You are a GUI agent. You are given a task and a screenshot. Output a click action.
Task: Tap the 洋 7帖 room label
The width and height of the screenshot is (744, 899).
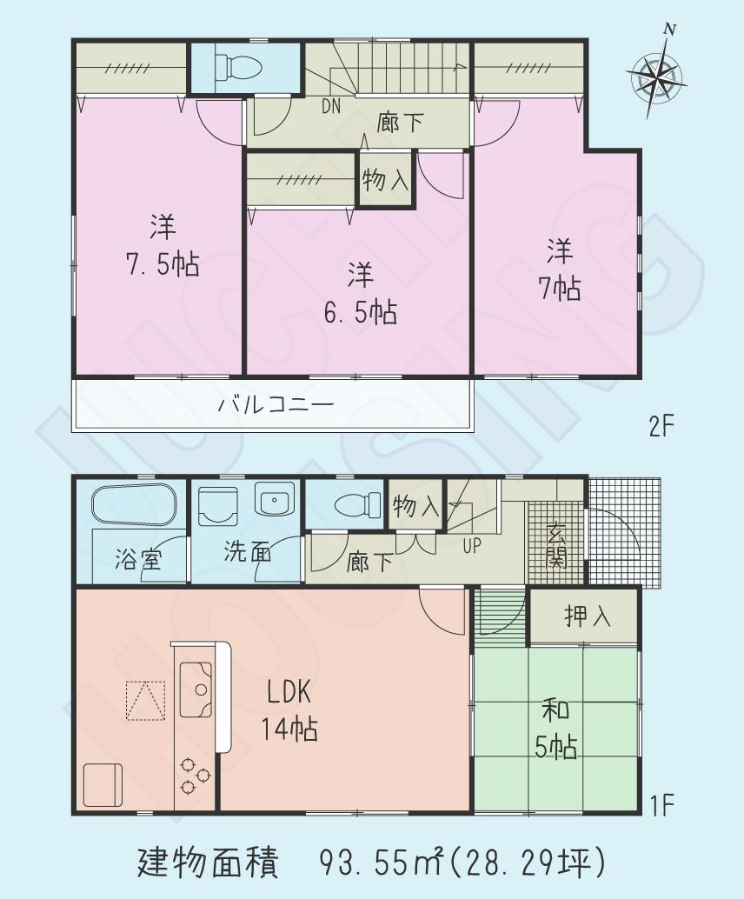559,270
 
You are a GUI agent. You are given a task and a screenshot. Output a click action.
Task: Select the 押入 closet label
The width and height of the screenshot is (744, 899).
588,616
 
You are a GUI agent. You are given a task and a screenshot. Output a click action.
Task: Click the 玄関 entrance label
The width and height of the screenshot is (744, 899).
556,545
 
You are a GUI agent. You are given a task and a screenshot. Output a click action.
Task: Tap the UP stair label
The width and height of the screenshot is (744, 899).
472,546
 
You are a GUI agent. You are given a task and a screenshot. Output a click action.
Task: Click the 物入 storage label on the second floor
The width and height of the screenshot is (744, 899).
385,180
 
